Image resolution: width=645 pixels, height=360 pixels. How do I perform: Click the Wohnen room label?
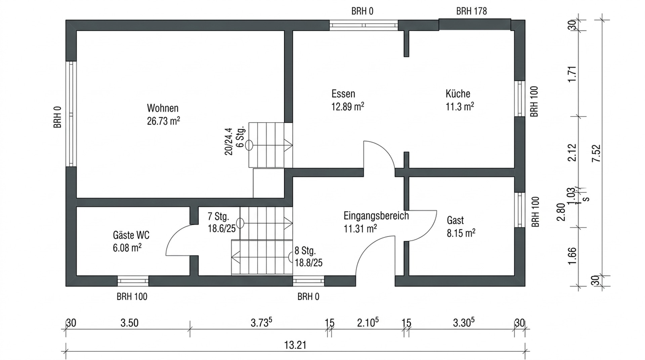(163, 108)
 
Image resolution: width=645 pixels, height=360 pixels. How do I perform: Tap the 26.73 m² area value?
(163, 121)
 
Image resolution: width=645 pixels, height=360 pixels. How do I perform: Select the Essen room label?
(343, 94)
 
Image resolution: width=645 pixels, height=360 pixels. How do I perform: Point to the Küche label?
(458, 94)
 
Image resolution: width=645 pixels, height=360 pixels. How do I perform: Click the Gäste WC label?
(131, 235)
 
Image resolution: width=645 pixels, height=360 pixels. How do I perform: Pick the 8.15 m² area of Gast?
(461, 233)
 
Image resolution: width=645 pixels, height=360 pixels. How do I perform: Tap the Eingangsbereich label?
(376, 216)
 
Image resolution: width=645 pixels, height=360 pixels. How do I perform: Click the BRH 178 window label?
(471, 11)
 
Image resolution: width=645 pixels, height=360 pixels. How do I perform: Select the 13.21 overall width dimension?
(295, 345)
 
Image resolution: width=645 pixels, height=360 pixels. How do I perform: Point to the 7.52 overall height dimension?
(596, 153)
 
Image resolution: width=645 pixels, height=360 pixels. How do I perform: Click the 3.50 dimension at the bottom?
(129, 323)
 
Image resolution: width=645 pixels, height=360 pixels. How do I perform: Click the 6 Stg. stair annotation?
(240, 138)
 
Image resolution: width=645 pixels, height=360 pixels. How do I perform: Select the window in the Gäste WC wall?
(133, 281)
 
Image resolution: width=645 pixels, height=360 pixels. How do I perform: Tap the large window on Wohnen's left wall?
(71, 114)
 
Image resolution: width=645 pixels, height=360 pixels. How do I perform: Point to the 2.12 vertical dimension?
(572, 153)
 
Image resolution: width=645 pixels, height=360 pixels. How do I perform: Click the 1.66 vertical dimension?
(572, 256)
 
